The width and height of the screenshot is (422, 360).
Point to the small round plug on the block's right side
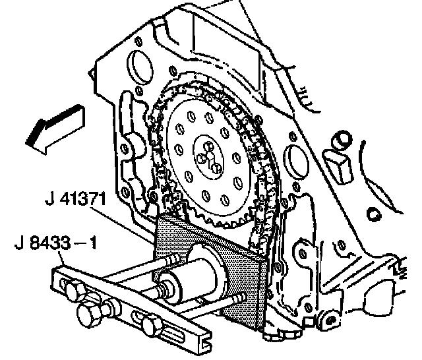[x=340, y=140]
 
